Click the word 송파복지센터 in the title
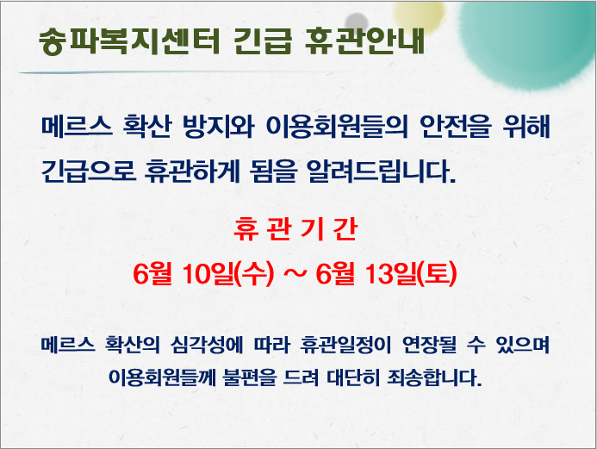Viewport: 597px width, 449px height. point(129,41)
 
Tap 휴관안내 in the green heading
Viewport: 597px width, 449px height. point(364,41)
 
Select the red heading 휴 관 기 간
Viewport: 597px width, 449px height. point(295,229)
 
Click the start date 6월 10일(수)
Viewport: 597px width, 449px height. point(203,273)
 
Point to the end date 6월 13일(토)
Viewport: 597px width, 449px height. point(386,273)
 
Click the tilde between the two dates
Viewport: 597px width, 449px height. point(295,274)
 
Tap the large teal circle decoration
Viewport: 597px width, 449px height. point(527,42)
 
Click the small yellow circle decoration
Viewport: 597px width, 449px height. point(419,16)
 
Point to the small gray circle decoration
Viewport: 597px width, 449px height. point(357,22)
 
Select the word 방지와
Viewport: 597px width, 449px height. point(219,126)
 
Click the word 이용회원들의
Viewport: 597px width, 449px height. point(337,126)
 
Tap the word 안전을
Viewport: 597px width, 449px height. point(456,126)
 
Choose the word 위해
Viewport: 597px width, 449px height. point(526,126)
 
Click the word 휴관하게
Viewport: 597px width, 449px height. point(192,171)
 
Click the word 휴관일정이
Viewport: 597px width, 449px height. point(345,345)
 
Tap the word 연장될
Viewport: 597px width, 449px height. point(430,345)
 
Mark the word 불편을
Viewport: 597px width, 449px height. point(249,377)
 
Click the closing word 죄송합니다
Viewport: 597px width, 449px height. point(434,377)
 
